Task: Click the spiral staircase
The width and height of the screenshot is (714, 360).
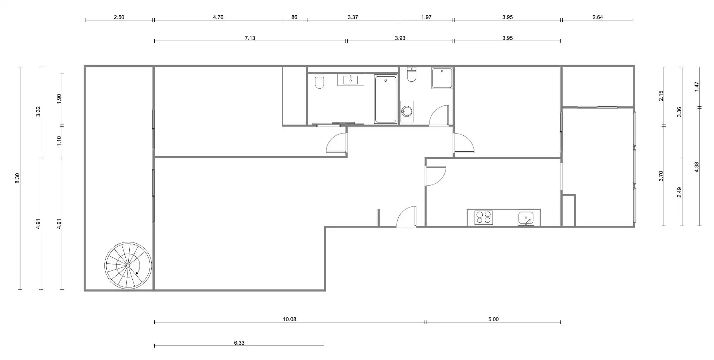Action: click(128, 266)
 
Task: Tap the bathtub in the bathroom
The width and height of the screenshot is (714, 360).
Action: click(386, 99)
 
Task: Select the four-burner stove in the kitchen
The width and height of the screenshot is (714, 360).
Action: click(484, 217)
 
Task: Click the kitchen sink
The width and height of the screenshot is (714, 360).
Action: click(525, 218)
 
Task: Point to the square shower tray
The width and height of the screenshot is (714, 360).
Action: click(442, 78)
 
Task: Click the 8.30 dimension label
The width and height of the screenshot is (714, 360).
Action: click(17, 178)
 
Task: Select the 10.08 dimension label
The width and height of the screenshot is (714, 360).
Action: click(290, 319)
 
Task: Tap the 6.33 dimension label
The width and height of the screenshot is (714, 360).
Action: click(239, 343)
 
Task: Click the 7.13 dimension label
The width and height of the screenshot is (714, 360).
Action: click(250, 38)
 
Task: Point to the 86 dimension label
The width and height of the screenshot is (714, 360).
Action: click(294, 17)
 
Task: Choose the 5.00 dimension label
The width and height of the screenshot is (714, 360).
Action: click(493, 319)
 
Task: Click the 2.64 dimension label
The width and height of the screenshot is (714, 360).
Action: click(598, 17)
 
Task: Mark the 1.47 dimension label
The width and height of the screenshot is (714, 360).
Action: click(697, 87)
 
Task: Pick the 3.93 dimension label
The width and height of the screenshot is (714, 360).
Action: click(400, 38)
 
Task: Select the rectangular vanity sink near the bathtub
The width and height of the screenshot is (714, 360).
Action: click(351, 80)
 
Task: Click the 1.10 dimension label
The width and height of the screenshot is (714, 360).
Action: click(59, 141)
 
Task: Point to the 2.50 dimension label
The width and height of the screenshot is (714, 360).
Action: click(119, 17)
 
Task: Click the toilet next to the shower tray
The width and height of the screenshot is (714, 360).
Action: click(411, 74)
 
